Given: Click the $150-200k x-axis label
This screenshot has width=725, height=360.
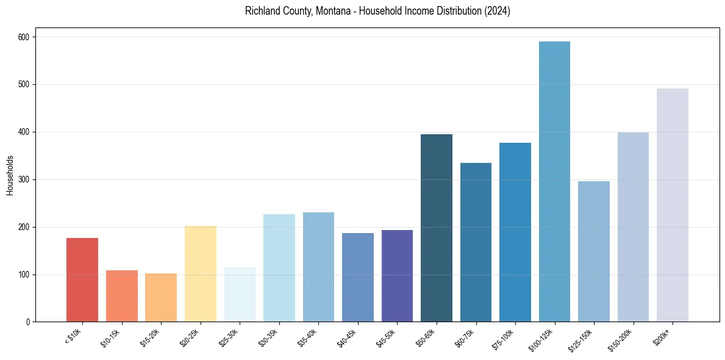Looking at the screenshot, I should [x=620, y=339].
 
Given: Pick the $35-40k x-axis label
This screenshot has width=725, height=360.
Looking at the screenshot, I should [x=307, y=337].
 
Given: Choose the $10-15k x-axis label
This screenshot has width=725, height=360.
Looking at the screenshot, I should [x=110, y=337].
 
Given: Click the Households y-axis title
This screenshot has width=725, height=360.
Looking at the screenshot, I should [x=10, y=175].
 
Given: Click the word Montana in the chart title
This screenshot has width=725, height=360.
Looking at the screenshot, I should [x=333, y=11].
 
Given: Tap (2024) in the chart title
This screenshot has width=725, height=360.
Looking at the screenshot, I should [x=498, y=11].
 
